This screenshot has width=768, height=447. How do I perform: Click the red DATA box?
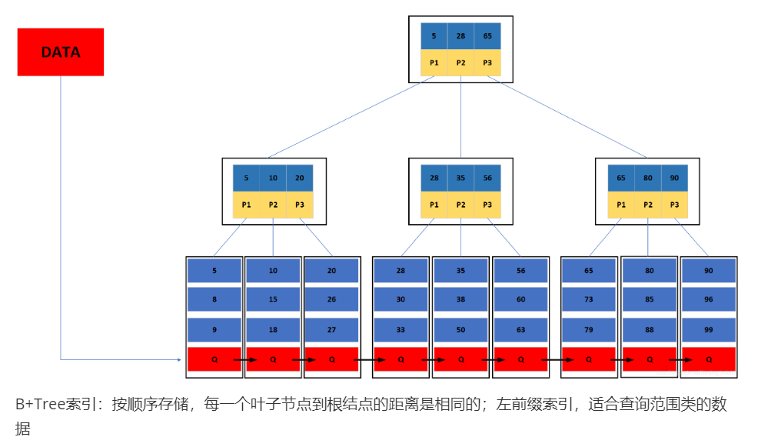(60, 52)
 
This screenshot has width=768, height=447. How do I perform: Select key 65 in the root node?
(487, 36)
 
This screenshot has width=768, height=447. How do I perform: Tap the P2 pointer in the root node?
(460, 62)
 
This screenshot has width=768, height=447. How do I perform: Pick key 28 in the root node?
(460, 36)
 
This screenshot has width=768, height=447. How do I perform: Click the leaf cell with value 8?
(214, 300)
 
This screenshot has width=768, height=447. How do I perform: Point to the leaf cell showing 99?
(708, 329)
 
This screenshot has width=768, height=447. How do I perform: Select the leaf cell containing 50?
(460, 329)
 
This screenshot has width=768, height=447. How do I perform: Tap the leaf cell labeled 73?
(588, 300)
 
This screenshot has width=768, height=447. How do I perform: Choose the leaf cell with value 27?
(331, 329)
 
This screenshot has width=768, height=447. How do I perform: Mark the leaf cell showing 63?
(520, 329)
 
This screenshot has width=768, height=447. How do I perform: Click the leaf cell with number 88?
(649, 329)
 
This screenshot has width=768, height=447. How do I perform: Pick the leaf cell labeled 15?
(273, 300)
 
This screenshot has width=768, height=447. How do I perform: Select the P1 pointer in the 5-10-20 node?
(246, 205)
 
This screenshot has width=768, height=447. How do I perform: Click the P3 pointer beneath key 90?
(674, 205)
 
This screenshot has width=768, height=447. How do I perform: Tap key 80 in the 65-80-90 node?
(648, 178)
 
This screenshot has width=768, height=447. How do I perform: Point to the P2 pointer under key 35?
(460, 205)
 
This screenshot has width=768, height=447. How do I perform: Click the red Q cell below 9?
(214, 359)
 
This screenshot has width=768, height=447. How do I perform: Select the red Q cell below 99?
(708, 359)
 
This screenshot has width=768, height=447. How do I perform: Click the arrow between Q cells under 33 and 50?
(431, 359)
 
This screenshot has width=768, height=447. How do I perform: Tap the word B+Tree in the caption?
(37, 404)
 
